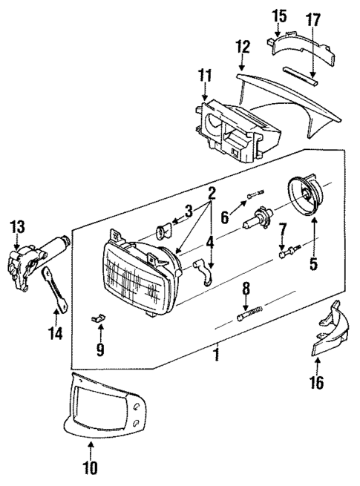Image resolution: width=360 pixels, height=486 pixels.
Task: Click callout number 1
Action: [x=217, y=355]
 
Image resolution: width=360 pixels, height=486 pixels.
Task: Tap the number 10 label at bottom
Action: [x=90, y=468]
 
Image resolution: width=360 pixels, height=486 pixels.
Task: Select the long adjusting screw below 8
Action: [x=249, y=316]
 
